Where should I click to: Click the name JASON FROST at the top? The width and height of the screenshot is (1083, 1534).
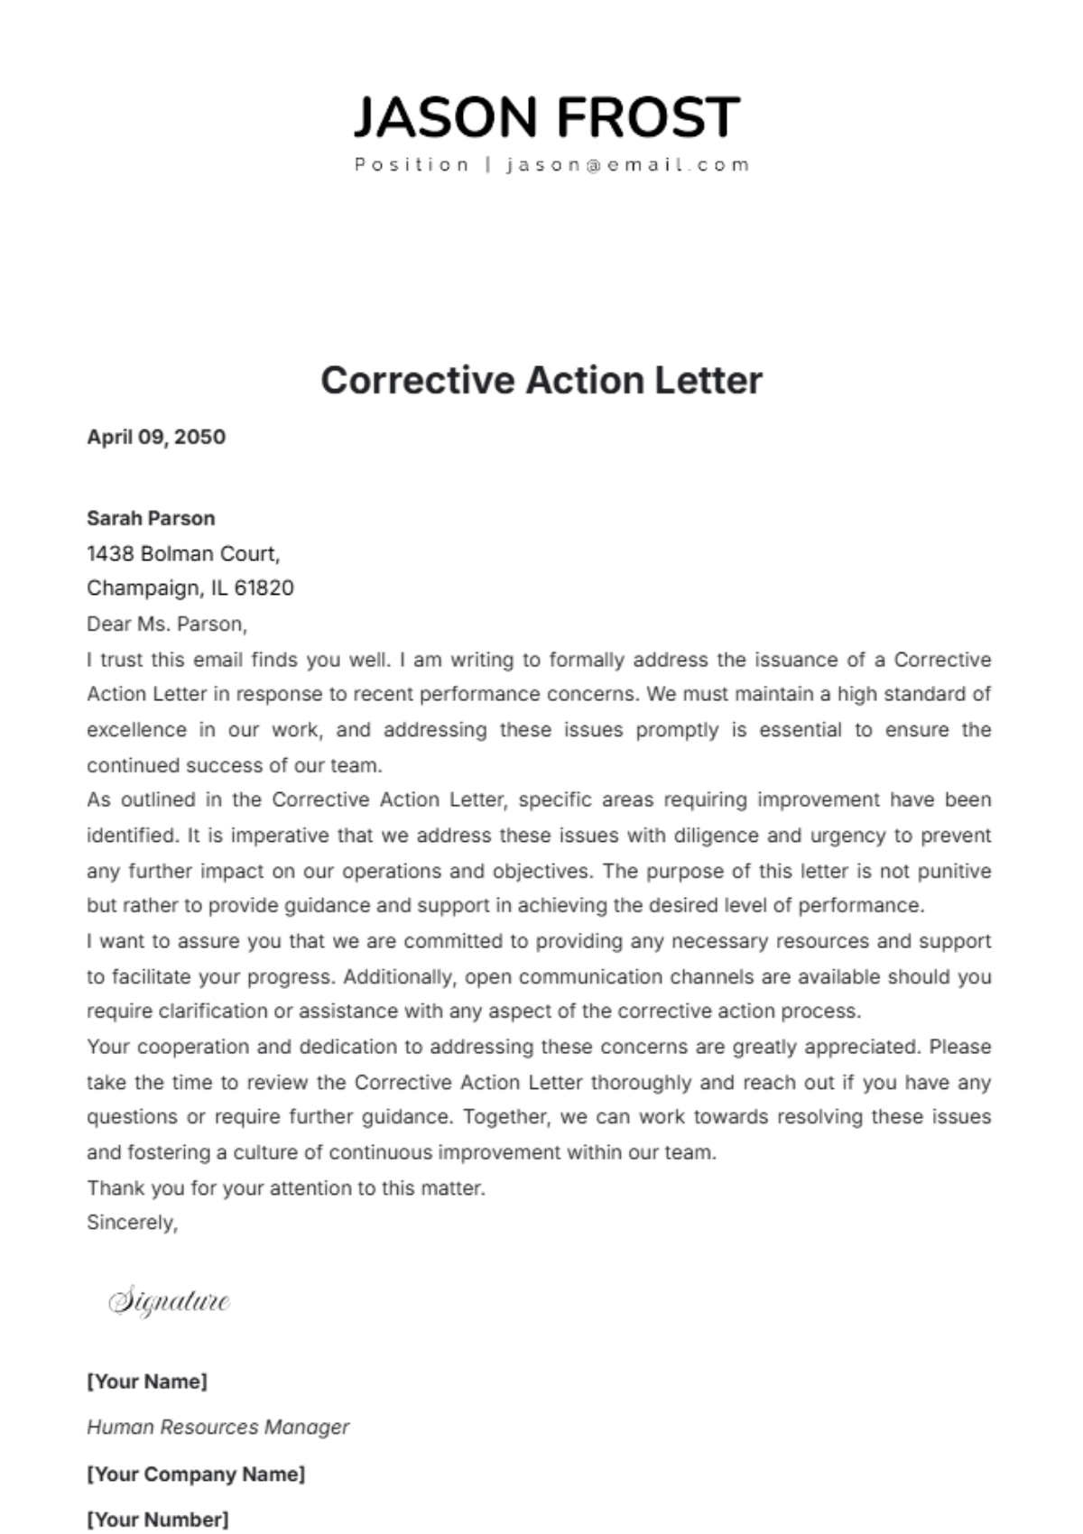(x=546, y=117)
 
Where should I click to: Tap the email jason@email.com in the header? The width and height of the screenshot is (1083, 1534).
(x=628, y=165)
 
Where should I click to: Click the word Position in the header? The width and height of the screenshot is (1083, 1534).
(x=412, y=165)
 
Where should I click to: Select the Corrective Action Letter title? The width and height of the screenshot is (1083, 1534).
(x=541, y=380)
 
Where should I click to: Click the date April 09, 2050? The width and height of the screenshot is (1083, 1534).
(x=156, y=437)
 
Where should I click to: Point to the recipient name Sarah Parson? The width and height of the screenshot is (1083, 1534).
(x=151, y=518)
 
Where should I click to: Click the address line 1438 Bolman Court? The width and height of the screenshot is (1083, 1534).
(x=183, y=553)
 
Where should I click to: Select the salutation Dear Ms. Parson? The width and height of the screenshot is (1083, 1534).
(x=166, y=624)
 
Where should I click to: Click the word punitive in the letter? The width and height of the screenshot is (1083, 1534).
(x=954, y=871)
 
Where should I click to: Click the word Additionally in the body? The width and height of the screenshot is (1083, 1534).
(x=401, y=976)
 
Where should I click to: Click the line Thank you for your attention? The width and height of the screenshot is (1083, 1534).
(x=286, y=1187)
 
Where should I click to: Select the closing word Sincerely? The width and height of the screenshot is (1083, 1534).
(x=132, y=1223)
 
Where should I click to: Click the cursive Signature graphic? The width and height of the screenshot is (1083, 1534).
(x=169, y=1301)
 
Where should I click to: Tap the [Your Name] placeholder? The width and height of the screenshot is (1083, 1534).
(x=147, y=1382)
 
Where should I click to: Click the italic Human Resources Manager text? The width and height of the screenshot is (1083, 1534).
(x=218, y=1428)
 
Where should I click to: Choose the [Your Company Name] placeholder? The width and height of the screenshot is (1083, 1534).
(x=196, y=1474)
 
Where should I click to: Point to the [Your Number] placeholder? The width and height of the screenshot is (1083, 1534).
(x=158, y=1520)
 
